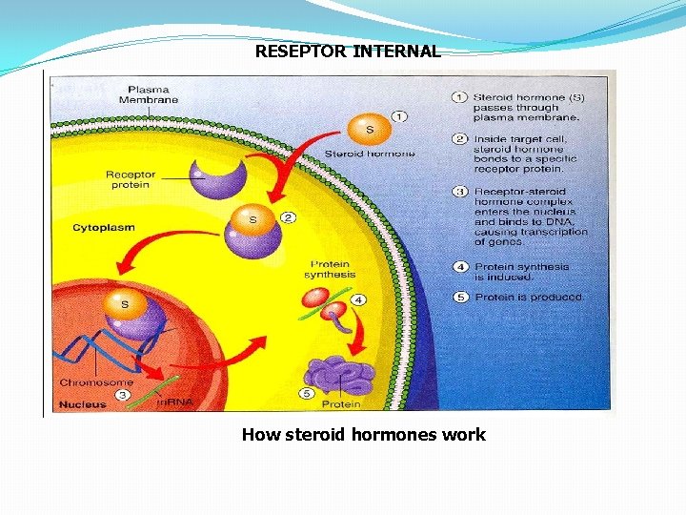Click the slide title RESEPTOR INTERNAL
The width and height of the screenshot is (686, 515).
pos(348,51)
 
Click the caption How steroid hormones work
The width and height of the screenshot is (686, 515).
pos(363,435)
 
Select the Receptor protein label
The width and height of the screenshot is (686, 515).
pos(131,180)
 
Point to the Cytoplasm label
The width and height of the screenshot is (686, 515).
pos(104,228)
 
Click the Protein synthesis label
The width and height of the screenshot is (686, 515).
pos(330,269)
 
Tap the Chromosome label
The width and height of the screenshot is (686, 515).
pos(96,382)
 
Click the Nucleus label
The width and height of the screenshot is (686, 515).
pos(82,403)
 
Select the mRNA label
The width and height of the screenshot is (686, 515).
pos(174,402)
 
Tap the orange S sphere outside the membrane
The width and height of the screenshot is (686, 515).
pos(369,128)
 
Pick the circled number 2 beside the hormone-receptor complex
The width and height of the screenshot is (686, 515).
pos(288,217)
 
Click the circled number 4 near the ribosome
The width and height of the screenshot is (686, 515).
pos(357,299)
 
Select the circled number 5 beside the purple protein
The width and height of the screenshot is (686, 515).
pos(308,393)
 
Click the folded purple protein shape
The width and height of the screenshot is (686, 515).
pos(343,375)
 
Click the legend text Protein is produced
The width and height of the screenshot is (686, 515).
pos(529,297)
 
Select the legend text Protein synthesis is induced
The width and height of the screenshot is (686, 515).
pos(521,272)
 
